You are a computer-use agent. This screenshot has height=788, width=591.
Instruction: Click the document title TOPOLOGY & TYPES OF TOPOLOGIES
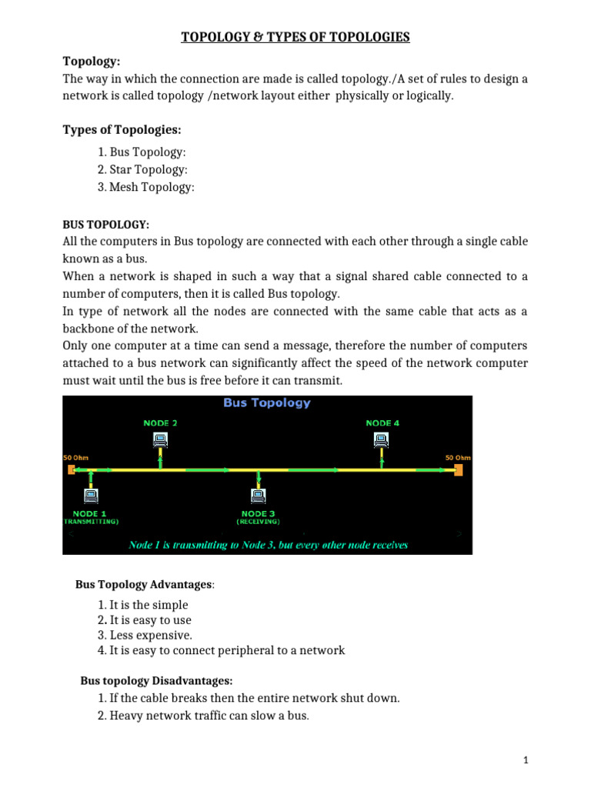tap(295, 36)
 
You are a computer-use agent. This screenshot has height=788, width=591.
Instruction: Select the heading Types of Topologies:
tap(122, 129)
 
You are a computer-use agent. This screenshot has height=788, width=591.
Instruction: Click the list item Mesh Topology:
tap(152, 187)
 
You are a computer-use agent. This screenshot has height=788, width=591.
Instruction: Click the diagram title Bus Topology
tap(266, 402)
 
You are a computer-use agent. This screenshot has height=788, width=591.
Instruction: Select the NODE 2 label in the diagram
tap(160, 422)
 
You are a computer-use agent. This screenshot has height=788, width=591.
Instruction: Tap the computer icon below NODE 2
tap(160, 439)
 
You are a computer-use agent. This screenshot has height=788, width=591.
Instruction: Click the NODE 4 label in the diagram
tap(382, 422)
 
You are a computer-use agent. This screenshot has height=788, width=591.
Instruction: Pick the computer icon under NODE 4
tap(380, 439)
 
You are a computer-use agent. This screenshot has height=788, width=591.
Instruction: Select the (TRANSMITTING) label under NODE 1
tap(91, 521)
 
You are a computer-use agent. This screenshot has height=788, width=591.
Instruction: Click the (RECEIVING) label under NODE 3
tap(258, 521)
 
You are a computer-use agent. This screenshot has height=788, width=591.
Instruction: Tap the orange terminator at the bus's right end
tap(458, 469)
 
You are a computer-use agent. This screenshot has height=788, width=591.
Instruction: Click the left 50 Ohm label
tap(75, 457)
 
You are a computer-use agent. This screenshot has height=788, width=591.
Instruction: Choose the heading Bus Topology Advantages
tap(145, 585)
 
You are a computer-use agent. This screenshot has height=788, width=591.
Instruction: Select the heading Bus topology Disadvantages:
tap(156, 681)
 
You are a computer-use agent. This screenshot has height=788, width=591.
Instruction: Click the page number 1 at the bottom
tap(526, 760)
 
